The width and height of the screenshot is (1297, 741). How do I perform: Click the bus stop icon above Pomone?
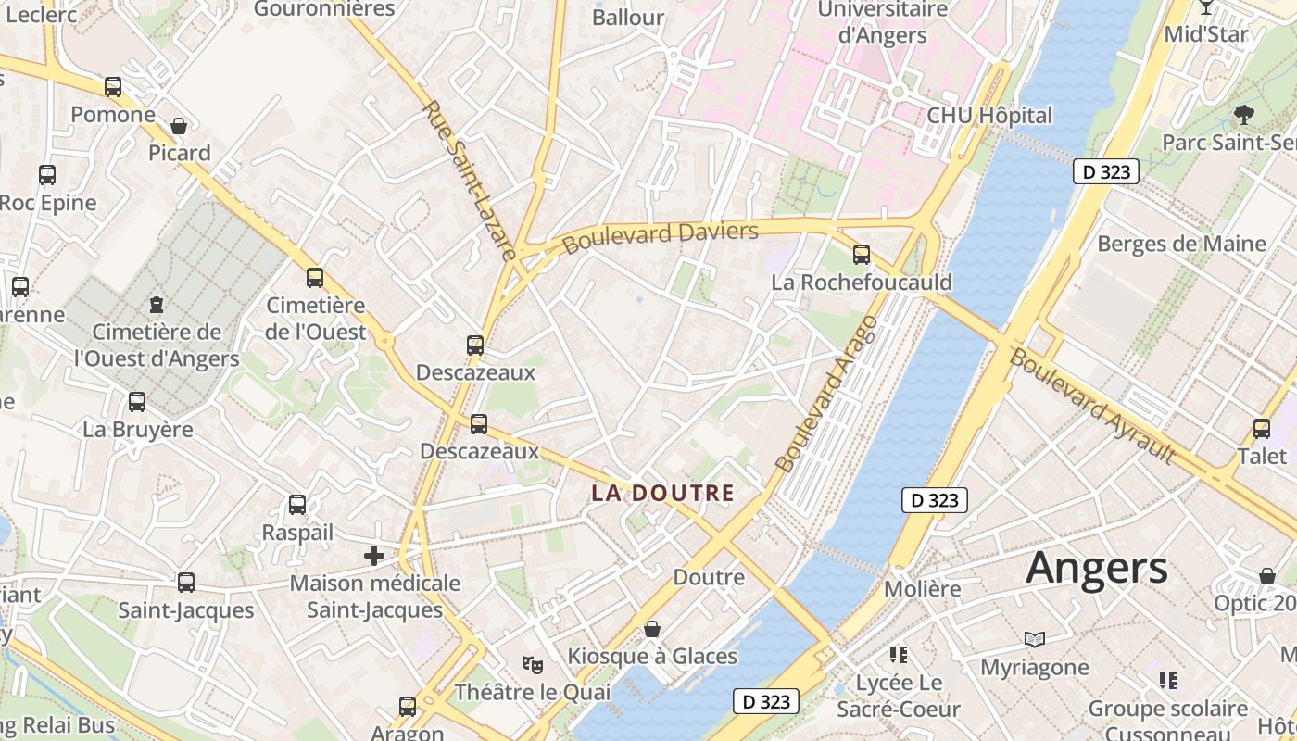coord(113,87)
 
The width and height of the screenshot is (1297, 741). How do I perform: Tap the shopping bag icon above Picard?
coord(179,125)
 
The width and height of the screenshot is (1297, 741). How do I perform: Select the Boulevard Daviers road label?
coord(661,237)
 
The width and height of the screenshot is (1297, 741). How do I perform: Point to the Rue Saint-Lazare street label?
coord(469,180)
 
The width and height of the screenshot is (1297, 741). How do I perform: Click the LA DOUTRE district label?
coord(662,493)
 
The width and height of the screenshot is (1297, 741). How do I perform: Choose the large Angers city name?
coord(1097,567)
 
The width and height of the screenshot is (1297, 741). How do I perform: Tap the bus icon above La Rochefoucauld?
coord(862,254)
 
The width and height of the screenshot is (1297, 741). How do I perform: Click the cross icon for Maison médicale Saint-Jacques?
coord(374,556)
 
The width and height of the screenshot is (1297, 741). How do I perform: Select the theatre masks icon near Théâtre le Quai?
coord(532,664)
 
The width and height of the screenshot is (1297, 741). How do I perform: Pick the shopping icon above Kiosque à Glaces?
coord(652,629)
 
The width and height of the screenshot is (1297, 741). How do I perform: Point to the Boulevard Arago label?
coord(827,395)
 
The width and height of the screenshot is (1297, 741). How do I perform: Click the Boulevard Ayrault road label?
coord(1092,406)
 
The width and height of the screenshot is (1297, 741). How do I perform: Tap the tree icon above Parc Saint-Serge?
coord(1243,115)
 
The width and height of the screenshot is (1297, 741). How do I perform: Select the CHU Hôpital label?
coord(989,116)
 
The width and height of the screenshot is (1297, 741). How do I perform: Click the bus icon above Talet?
coord(1261,428)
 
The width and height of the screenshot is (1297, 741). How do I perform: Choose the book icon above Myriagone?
coord(1035,639)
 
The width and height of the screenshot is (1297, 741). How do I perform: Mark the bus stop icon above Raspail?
coord(297,505)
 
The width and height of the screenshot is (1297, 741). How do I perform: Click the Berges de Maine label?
coord(1181,244)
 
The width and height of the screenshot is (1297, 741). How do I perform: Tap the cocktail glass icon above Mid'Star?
coord(1205,7)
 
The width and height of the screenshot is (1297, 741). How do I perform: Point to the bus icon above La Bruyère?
coord(137,402)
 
